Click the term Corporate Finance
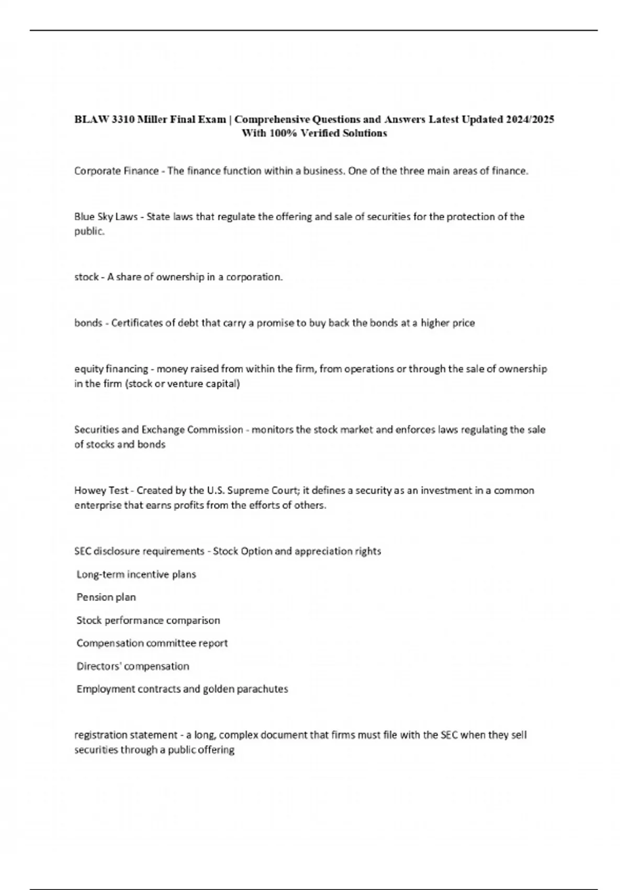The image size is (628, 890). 116,171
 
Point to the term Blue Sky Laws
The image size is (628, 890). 106,216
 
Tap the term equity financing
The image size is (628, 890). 111,369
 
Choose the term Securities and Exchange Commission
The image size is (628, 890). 159,430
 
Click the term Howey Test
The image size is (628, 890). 102,491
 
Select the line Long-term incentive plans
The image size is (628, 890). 136,574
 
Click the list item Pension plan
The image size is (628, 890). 106,597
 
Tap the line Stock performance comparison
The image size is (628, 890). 148,620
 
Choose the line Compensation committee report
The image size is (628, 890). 152,643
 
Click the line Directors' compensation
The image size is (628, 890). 133,666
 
